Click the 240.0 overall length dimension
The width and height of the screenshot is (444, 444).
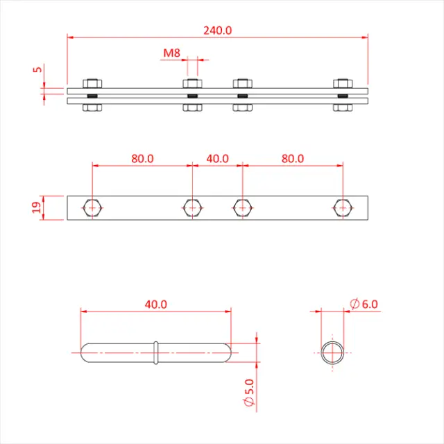pyautogui.click(x=218, y=30)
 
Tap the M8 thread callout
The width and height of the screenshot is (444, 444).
pyautogui.click(x=172, y=53)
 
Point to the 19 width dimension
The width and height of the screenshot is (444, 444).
pyautogui.click(x=36, y=207)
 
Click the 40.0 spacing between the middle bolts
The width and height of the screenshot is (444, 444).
pyautogui.click(x=217, y=158)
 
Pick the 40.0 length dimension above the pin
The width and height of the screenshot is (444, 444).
pyautogui.click(x=155, y=304)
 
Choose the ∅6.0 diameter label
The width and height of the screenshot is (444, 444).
pyautogui.click(x=365, y=304)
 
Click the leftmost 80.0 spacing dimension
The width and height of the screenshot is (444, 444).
pyautogui.click(x=142, y=158)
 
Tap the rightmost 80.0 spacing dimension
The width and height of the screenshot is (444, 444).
pyautogui.click(x=292, y=158)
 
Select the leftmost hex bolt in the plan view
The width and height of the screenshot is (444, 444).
pyautogui.click(x=92, y=207)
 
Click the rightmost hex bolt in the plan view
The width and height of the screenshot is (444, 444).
pyautogui.click(x=342, y=207)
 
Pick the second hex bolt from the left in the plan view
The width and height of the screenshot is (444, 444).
pyautogui.click(x=192, y=207)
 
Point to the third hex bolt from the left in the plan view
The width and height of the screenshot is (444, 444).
pyautogui.click(x=242, y=207)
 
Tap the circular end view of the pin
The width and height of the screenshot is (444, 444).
pyautogui.click(x=333, y=352)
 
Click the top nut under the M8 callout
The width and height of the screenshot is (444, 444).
pyautogui.click(x=192, y=83)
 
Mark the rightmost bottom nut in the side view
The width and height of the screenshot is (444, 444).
pyautogui.click(x=342, y=108)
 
